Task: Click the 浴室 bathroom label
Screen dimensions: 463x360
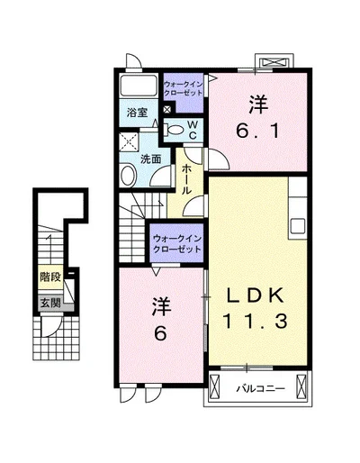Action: coord(136,114)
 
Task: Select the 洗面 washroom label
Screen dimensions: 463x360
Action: coord(150,159)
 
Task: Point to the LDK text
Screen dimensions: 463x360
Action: coord(255,294)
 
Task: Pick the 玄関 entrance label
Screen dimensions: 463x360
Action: coord(49,304)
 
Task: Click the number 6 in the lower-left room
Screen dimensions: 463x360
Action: coord(161,332)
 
